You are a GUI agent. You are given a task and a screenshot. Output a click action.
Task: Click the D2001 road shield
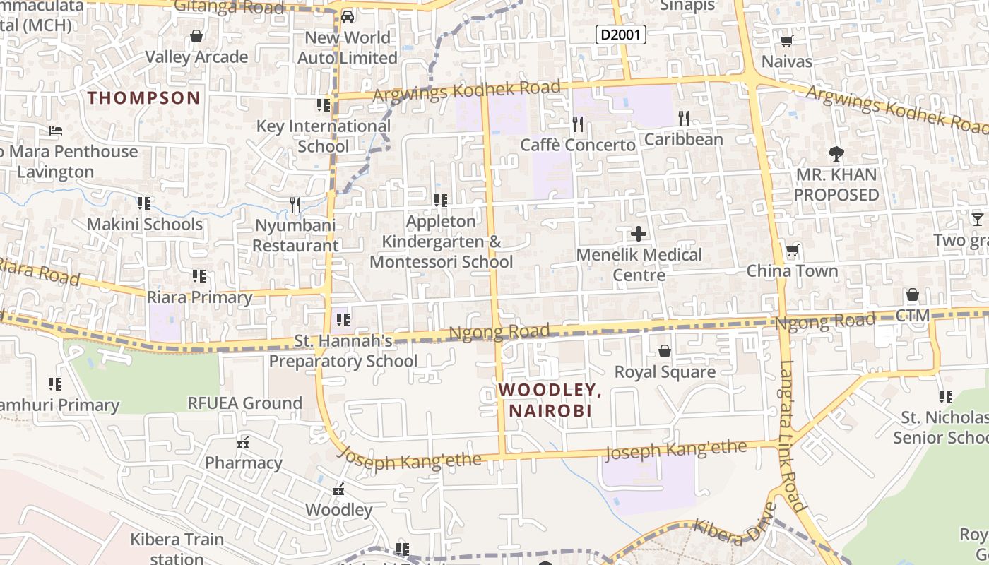pyautogui.click(x=620, y=34)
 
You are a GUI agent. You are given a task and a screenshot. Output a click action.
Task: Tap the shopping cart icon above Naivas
pyautogui.click(x=786, y=41)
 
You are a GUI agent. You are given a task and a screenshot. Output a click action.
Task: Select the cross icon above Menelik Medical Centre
pyautogui.click(x=639, y=234)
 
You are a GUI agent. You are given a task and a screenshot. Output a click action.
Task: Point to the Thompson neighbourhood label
pyautogui.click(x=144, y=97)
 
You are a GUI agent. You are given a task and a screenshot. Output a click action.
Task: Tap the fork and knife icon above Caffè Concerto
pyautogui.click(x=578, y=124)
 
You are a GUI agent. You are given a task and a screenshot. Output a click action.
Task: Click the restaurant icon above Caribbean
pyautogui.click(x=683, y=118)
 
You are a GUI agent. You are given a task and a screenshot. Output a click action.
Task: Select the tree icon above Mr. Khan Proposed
pyautogui.click(x=836, y=153)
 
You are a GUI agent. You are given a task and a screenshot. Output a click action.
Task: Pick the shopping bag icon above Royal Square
pyautogui.click(x=664, y=350)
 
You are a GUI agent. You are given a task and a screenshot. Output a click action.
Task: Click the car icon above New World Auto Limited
pyautogui.click(x=347, y=16)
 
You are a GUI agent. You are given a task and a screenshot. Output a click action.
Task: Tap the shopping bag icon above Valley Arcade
pyautogui.click(x=196, y=35)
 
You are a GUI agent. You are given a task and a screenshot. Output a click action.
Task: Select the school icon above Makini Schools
pyautogui.click(x=144, y=203)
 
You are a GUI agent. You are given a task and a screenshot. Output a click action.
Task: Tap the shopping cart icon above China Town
pyautogui.click(x=792, y=251)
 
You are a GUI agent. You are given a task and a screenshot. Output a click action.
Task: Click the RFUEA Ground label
pyautogui.click(x=244, y=403)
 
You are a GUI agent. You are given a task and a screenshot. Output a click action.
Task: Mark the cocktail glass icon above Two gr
pyautogui.click(x=977, y=220)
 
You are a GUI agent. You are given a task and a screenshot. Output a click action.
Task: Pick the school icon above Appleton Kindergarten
pyautogui.click(x=441, y=201)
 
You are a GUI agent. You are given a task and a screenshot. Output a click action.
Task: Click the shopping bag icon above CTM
pyautogui.click(x=912, y=295)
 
